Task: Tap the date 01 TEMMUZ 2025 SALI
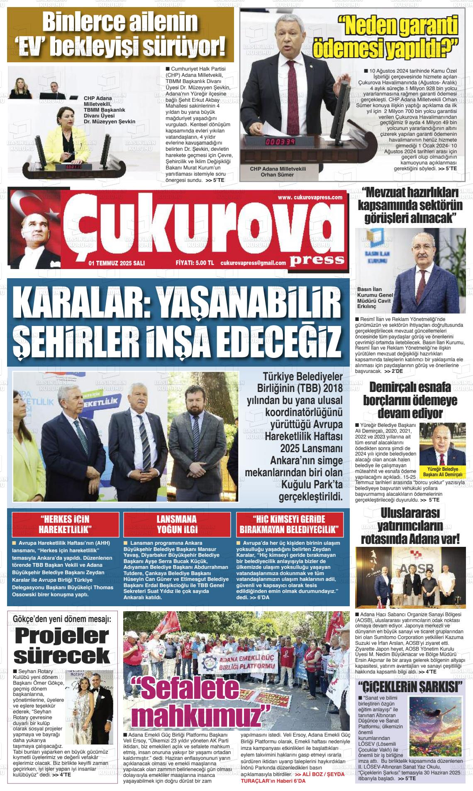tap(117, 263)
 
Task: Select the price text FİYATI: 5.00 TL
tap(195, 263)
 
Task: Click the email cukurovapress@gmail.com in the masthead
tap(253, 263)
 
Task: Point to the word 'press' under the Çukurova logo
tap(317, 260)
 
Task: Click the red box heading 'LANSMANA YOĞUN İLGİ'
tap(177, 524)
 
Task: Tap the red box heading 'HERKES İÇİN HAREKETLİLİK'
tap(65, 524)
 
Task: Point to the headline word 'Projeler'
tap(61, 636)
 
